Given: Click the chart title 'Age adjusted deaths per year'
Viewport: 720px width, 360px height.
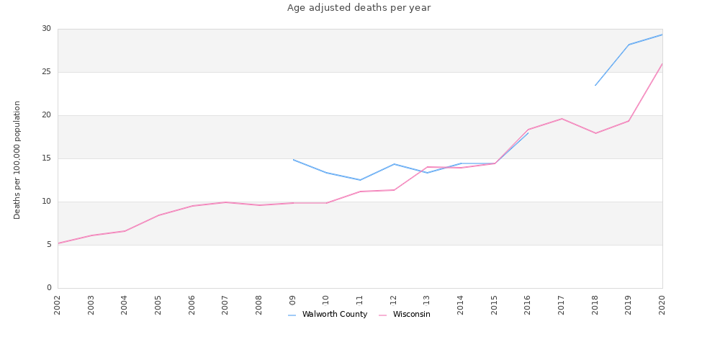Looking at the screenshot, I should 359,8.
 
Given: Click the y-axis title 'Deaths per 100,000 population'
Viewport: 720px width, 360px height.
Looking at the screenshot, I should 17,160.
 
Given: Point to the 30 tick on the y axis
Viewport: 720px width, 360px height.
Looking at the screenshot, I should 46,29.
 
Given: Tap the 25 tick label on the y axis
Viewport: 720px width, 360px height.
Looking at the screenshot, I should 46,72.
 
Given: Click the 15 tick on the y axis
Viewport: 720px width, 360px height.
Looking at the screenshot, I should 46,158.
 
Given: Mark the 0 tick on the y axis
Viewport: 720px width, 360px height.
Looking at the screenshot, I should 48,288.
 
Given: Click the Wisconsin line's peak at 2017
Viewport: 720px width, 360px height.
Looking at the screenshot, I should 562,119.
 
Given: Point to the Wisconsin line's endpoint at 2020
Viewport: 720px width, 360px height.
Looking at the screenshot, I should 662,63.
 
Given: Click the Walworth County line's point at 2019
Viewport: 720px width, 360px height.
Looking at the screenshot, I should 629,45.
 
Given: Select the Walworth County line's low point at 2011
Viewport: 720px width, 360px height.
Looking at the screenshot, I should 360,180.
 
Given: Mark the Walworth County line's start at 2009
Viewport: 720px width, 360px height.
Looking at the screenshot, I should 293,160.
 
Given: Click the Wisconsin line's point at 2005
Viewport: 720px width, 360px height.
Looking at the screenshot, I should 158,215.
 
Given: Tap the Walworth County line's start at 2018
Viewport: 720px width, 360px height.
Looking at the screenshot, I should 595,86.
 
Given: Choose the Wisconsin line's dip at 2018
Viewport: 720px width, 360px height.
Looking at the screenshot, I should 595,133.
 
